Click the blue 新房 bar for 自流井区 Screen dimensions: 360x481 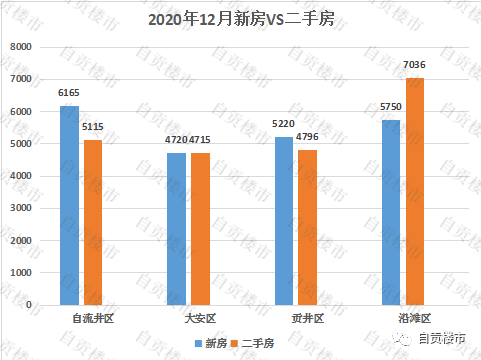69,205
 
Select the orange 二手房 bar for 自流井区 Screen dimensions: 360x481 93,222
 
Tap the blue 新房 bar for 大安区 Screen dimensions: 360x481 176,228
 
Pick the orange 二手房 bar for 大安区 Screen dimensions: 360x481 200,228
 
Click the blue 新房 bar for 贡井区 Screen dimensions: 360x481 283,220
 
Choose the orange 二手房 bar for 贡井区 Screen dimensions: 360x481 307,227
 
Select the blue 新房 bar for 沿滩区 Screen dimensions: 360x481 390,212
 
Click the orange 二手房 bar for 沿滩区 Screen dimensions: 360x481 414,191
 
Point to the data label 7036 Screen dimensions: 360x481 414,66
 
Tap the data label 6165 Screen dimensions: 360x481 69,94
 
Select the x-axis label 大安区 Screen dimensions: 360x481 188,318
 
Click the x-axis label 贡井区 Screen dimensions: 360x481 295,318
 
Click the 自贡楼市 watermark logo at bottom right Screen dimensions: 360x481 436,339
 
